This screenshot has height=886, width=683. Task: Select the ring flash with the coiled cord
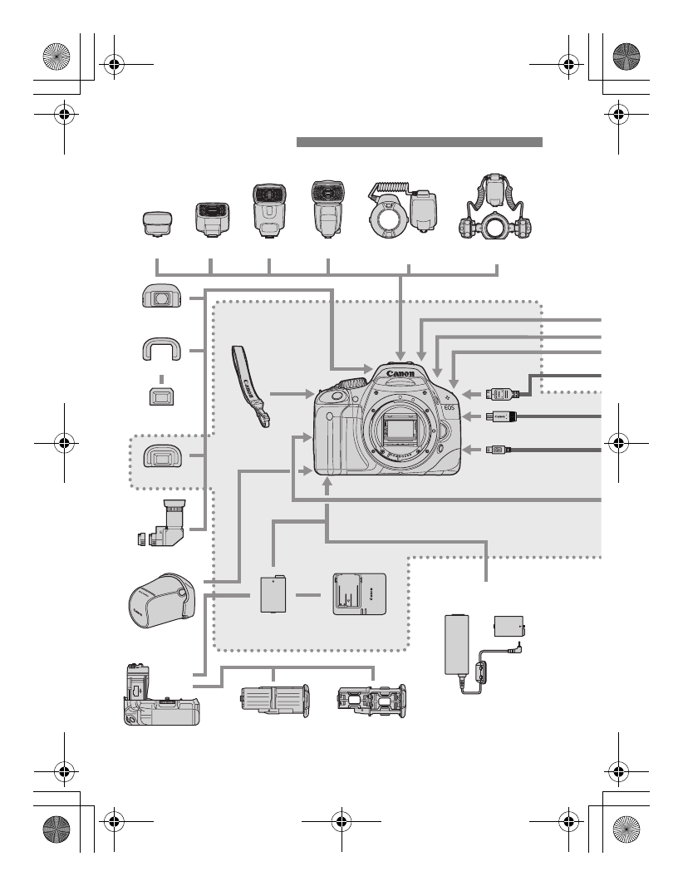point(398,215)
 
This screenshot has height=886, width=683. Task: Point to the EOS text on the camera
point(450,408)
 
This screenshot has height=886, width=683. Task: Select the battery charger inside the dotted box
point(359,594)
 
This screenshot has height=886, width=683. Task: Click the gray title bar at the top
point(420,142)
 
